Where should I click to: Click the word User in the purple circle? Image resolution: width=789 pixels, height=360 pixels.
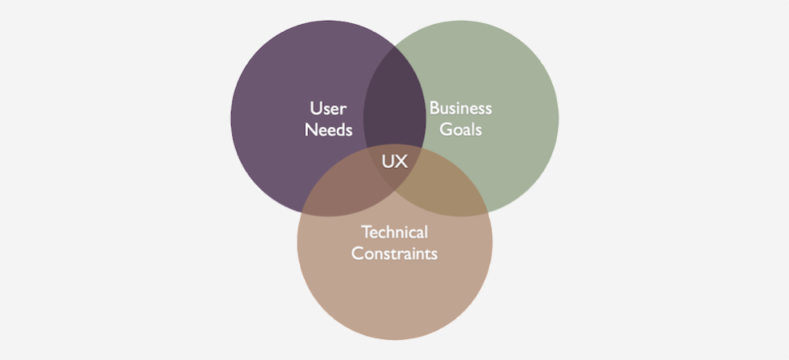329,108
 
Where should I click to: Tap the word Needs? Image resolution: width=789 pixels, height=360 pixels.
329,130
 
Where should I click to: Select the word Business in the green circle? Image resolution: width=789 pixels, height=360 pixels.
460,108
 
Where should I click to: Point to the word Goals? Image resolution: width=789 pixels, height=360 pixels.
461,130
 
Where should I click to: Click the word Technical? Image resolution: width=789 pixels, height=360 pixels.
394,232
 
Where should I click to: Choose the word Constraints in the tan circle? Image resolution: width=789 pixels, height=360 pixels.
394,254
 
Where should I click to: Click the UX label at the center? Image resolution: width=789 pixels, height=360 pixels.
394,162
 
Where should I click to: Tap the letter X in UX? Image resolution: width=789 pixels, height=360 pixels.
402,162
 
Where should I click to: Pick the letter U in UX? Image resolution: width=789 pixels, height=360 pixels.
387,162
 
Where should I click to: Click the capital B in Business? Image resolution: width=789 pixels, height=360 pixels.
435,108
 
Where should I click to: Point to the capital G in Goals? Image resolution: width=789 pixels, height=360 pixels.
446,130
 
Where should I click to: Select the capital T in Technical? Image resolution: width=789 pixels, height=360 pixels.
366,232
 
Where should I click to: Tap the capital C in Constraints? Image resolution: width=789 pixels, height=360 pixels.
357,254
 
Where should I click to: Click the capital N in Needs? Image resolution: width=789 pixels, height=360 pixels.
311,130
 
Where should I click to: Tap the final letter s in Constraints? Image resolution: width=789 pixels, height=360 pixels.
435,254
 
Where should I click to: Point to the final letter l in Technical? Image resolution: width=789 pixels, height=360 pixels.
427,232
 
